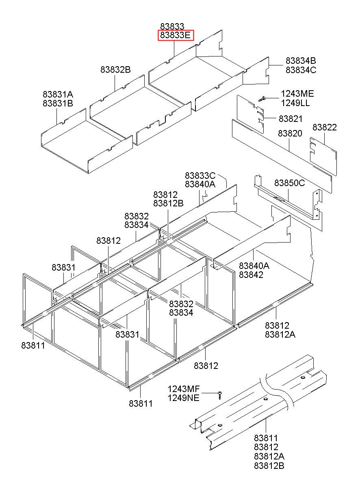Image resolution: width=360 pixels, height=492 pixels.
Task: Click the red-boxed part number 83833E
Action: (x=176, y=35)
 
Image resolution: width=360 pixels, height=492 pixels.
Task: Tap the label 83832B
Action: (x=115, y=70)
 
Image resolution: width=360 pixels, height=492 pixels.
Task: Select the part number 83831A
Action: (x=58, y=94)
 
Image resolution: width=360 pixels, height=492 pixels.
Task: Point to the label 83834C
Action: (x=301, y=70)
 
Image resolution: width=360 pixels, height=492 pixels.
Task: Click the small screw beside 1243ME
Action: (x=262, y=99)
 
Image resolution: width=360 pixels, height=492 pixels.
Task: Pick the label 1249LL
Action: (x=295, y=103)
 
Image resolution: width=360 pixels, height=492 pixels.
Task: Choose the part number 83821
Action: (x=291, y=119)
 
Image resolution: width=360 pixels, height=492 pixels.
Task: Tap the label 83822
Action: (x=324, y=128)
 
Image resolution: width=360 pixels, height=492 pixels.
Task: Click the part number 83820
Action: (x=290, y=133)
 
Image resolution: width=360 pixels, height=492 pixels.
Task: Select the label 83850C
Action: (x=289, y=183)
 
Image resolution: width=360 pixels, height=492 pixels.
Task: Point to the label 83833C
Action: (x=200, y=176)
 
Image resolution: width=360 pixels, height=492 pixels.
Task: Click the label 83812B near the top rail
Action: (x=168, y=204)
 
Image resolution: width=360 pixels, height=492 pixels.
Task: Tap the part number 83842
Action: (x=251, y=275)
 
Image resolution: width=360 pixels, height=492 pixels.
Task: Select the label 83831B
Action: (x=58, y=103)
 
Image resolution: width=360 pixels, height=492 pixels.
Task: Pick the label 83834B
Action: (x=301, y=61)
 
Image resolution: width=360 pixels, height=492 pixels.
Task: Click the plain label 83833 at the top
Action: (x=172, y=26)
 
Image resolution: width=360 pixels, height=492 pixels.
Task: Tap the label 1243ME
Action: (x=297, y=94)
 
